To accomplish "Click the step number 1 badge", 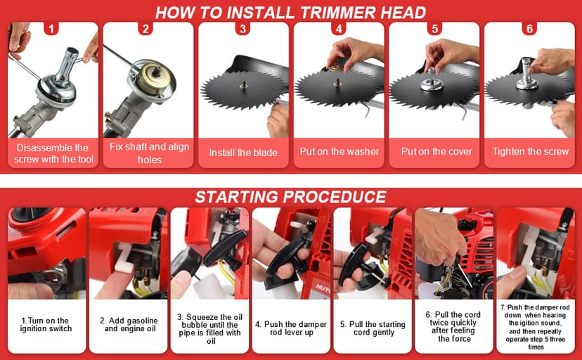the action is point(51,29).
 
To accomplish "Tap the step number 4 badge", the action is point(338,29).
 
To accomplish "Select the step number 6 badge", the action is point(529,29).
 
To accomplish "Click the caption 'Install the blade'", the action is point(243,153).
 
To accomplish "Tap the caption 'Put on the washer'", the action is point(339,151).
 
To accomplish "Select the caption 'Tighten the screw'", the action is point(531,151).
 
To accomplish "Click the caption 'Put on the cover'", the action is point(436,151).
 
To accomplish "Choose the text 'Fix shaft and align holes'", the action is point(149,153).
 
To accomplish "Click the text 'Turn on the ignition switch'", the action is point(45,324).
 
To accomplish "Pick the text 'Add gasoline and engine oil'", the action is point(129,324).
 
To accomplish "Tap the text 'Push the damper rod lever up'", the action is point(291,328).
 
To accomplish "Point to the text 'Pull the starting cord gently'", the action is point(373,328).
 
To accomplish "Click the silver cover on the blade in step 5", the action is point(432,84).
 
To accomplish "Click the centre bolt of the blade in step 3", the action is point(243,85).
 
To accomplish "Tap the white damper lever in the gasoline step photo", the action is point(123,259).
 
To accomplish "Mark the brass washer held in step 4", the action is point(336,68).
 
